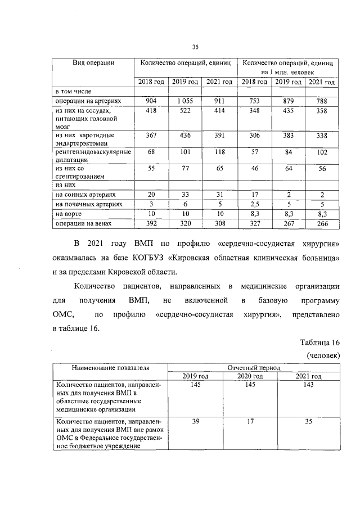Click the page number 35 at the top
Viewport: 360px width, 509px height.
point(195,47)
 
